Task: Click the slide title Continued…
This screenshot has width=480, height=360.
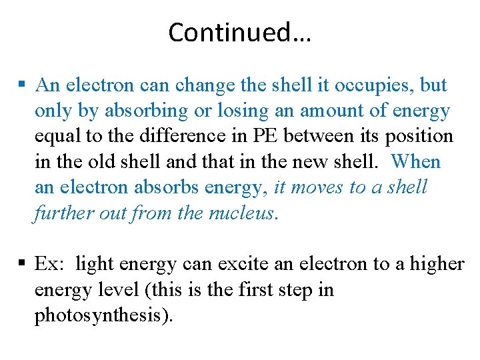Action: (239, 32)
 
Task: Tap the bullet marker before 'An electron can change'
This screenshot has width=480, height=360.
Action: (22, 85)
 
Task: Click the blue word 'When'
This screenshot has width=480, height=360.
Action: (416, 162)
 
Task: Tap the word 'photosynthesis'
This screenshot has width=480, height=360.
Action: (101, 316)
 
